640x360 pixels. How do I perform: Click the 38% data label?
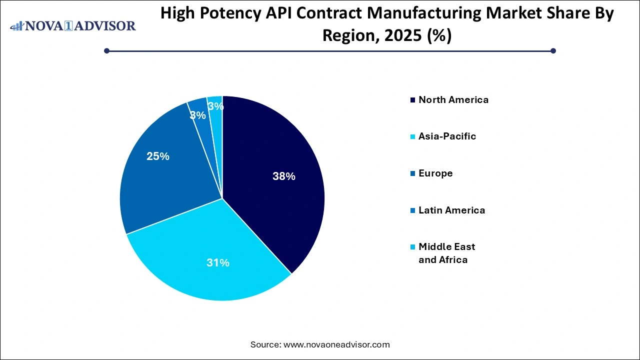pos(284,176)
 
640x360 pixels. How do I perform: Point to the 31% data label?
pos(218,262)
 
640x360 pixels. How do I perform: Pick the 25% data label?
pos(158,156)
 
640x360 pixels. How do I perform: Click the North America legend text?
pos(453,99)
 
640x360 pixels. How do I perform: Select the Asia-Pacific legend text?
pos(447,136)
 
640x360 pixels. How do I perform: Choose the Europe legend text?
pos(435,173)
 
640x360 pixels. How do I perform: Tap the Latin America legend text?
pos(451,210)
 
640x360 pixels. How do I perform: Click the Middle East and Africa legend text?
pos(446,253)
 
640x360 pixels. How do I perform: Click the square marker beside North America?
pos(412,100)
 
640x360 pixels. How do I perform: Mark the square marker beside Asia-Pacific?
pos(412,136)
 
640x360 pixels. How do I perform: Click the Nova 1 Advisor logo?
pos(73,25)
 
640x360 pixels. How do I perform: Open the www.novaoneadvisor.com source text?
pos(336,344)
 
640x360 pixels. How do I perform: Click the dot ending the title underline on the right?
pos(553,50)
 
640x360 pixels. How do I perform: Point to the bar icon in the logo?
pos(17,26)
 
